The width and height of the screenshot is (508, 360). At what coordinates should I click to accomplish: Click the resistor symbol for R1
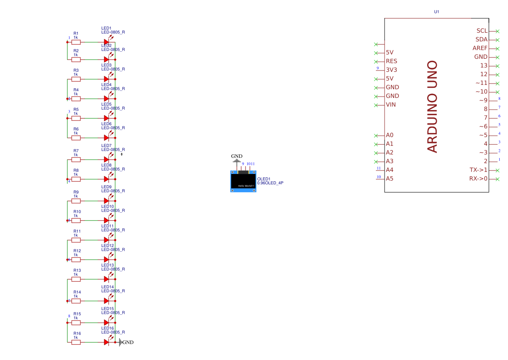click(76, 42)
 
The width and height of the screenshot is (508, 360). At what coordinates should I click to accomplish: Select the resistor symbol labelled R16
click(76, 342)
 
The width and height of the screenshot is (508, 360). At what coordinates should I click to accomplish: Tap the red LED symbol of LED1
click(106, 42)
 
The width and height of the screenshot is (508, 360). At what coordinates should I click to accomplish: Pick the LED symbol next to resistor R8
click(106, 179)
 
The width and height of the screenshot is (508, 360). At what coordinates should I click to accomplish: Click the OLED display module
click(243, 181)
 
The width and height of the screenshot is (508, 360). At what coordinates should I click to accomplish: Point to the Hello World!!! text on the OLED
click(246, 186)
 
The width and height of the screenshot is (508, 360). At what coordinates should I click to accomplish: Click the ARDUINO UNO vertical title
click(432, 107)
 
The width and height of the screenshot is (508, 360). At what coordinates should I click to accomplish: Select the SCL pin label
click(481, 31)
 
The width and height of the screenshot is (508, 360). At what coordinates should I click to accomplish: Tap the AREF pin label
click(480, 48)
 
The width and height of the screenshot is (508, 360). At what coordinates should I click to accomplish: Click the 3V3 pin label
click(392, 70)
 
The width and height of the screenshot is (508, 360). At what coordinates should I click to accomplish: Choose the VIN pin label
click(391, 105)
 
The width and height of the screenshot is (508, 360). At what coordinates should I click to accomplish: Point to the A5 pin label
click(389, 179)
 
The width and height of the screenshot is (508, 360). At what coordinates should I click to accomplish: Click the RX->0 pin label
click(478, 179)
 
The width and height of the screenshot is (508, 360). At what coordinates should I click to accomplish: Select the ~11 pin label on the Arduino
click(481, 83)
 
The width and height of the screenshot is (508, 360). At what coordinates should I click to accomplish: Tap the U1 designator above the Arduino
click(437, 12)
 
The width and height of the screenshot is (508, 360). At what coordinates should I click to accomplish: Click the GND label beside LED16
click(128, 343)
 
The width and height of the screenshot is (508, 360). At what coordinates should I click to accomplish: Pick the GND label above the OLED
click(237, 157)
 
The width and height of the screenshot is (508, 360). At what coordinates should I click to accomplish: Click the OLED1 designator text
click(264, 179)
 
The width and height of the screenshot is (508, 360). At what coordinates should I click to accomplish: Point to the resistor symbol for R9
click(76, 201)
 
